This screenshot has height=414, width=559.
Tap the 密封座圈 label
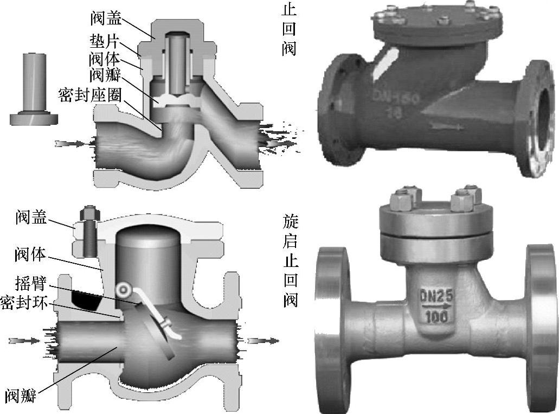pyautogui.click(x=90, y=95)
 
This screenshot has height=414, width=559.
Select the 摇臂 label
pyautogui.click(x=31, y=283)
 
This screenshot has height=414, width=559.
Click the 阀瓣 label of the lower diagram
pyautogui.click(x=20, y=396)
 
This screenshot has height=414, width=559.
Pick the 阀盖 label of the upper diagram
pyautogui.click(x=106, y=18)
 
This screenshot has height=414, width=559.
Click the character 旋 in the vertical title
pyautogui.click(x=290, y=221)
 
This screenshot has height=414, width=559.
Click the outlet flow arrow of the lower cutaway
pyautogui.click(x=264, y=341)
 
